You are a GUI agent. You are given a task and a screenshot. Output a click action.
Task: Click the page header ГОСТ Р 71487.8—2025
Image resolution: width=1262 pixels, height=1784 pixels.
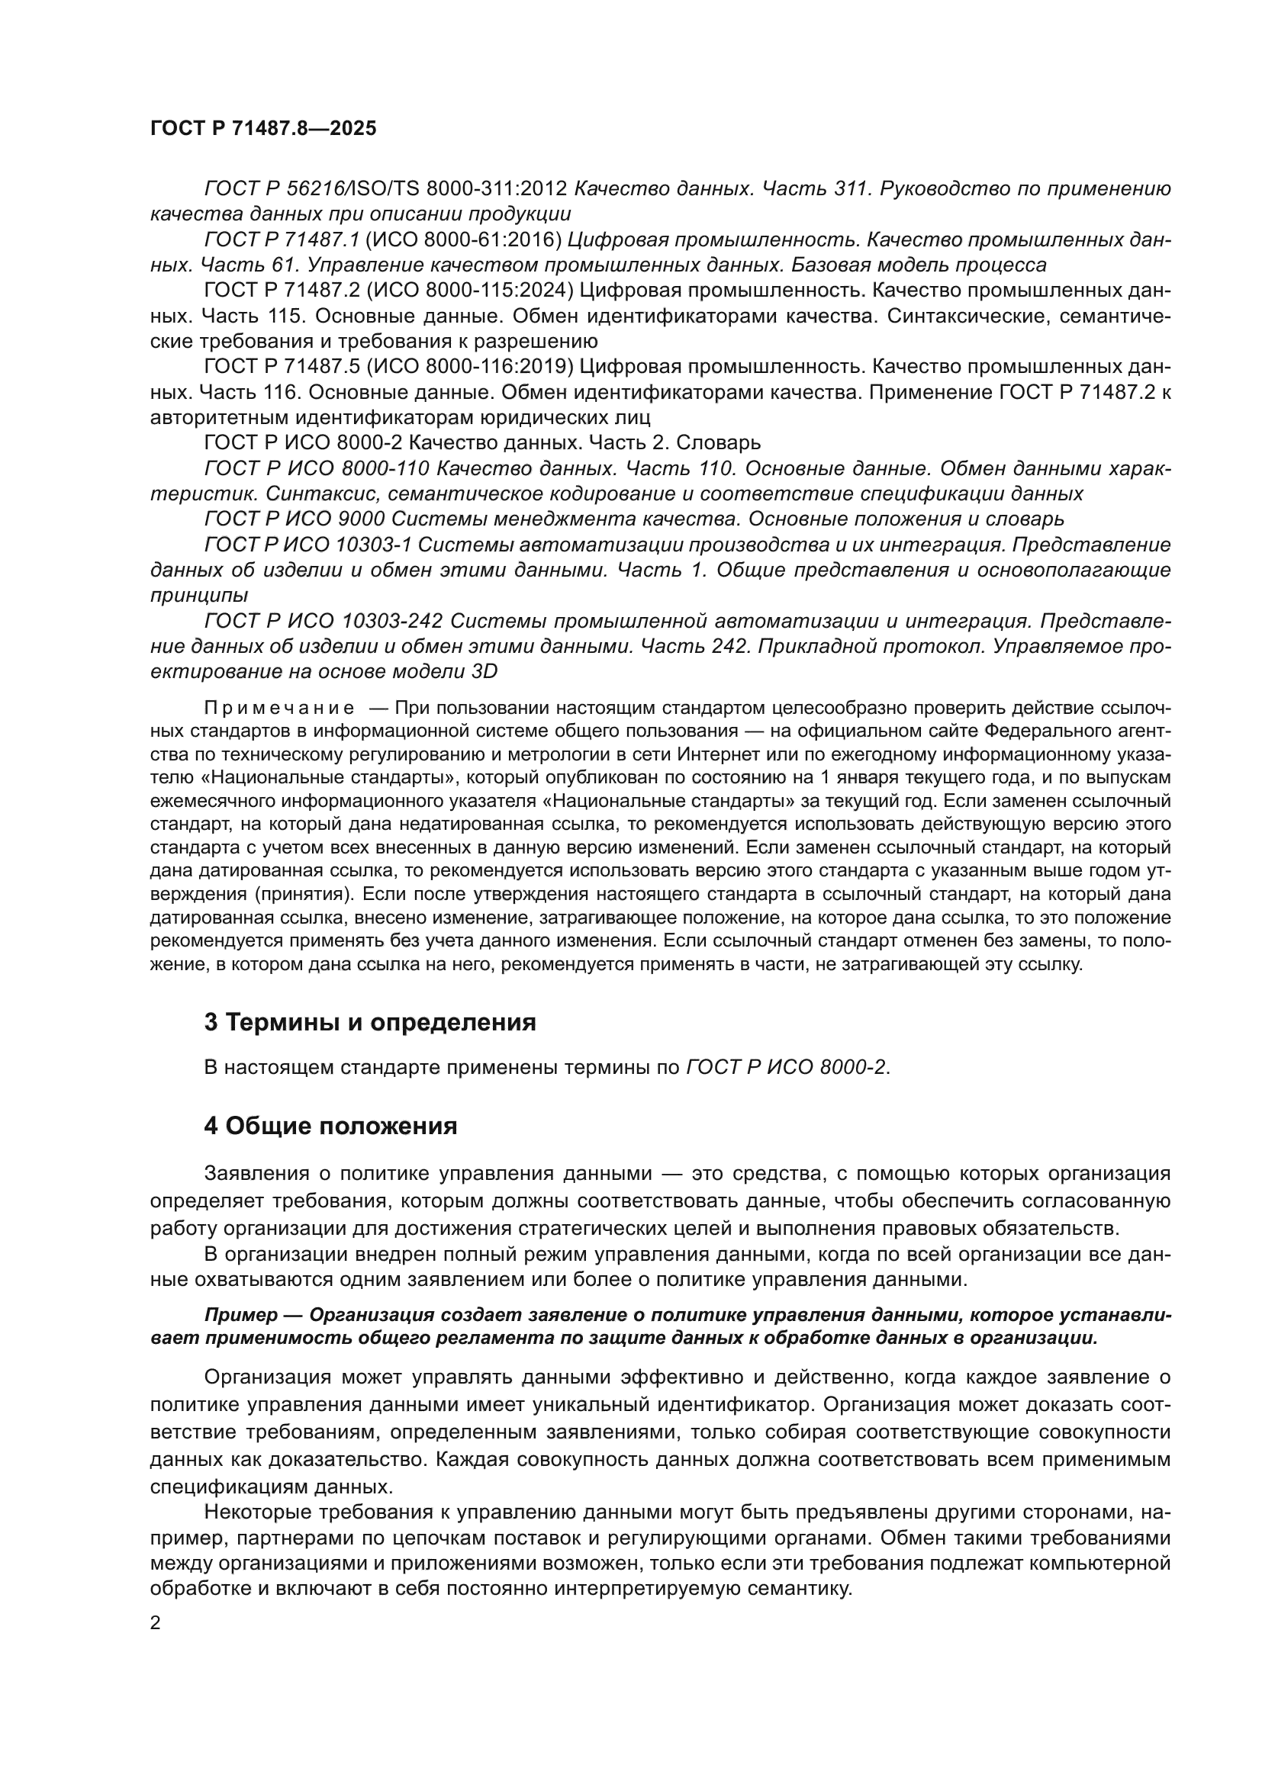point(262,129)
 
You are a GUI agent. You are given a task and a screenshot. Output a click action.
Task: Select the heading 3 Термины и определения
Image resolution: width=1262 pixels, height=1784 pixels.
point(370,1023)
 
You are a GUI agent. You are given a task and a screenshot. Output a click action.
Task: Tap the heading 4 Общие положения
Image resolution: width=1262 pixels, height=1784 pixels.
point(330,1126)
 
